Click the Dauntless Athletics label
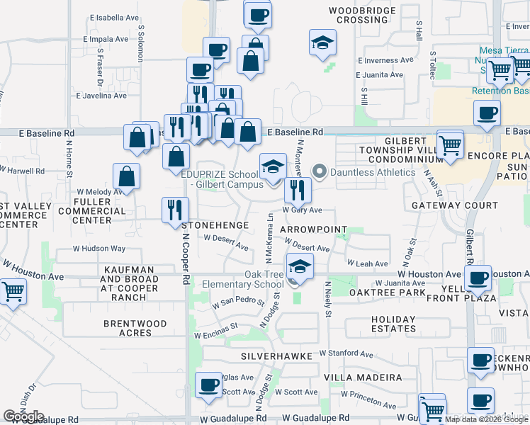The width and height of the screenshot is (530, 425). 372,172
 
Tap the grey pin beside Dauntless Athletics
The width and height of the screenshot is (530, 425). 320,171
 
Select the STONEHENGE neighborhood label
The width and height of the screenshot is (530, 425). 217,225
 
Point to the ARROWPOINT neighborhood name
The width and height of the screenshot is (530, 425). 314,231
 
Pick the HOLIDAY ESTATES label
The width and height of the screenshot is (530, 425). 393,324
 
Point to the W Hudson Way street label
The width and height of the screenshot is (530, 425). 100,249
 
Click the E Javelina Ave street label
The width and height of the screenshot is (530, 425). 101,95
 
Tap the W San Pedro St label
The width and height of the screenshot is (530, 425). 222,301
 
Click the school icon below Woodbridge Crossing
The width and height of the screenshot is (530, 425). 322,44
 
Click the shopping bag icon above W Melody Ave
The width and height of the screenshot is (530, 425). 126,177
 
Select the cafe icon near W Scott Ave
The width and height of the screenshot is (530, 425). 208,385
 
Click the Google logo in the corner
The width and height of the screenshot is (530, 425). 24,416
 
